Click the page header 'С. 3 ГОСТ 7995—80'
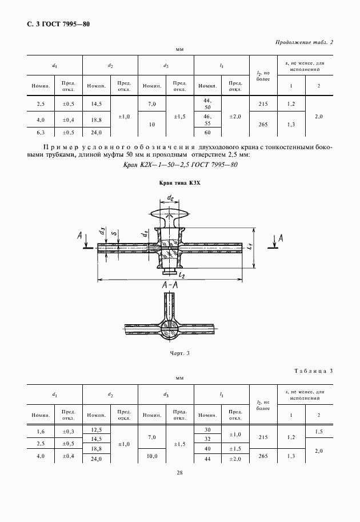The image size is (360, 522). (x=59, y=24)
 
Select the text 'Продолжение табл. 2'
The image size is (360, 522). (x=304, y=42)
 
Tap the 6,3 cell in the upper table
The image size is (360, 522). (x=41, y=133)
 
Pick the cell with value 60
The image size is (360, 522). (x=207, y=133)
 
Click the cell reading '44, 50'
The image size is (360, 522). (x=207, y=103)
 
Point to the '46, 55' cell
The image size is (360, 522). (x=207, y=120)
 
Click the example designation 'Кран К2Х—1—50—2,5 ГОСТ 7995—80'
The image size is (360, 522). (x=180, y=165)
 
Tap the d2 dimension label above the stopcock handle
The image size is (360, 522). (x=170, y=198)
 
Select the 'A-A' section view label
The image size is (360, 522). (x=170, y=286)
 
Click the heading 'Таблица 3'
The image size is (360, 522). (x=311, y=371)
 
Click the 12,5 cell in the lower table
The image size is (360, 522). (x=96, y=429)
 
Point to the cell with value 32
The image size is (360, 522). (x=207, y=439)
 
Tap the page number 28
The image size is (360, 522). (x=179, y=472)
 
